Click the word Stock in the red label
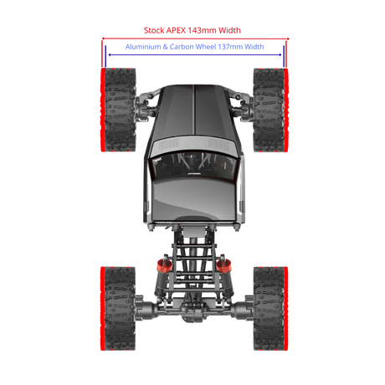click(x=154, y=30)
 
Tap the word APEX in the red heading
click(x=176, y=30)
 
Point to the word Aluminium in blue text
click(x=143, y=47)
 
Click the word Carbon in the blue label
click(x=182, y=47)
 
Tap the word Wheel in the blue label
click(x=205, y=47)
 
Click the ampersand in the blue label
click(x=165, y=47)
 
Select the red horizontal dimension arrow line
click(x=195, y=38)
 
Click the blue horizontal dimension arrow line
click(x=195, y=54)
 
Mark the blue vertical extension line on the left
click(x=105, y=56)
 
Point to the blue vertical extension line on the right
click(x=284, y=56)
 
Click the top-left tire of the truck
click(x=118, y=110)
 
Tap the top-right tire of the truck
click(x=270, y=110)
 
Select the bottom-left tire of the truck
click(x=118, y=309)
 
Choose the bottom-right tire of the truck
click(x=270, y=309)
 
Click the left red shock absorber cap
click(x=164, y=266)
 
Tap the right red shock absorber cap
click(x=224, y=266)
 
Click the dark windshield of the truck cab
click(x=193, y=166)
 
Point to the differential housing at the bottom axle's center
click(x=193, y=311)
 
